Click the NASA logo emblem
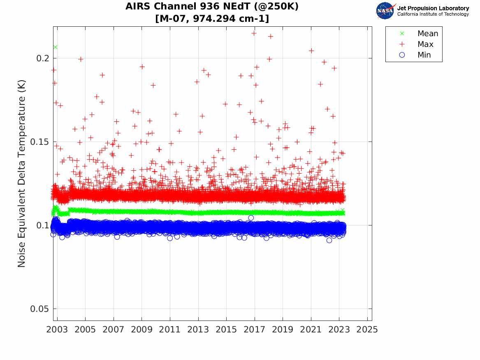[x=385, y=10]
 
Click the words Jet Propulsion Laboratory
[x=433, y=8]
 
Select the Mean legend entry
[x=427, y=34]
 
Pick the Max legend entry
[x=425, y=44]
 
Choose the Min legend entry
[x=424, y=55]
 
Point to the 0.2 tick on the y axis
[x=43, y=58]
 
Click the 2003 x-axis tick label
[x=57, y=330]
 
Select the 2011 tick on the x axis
[x=170, y=330]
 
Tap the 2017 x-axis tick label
[x=255, y=330]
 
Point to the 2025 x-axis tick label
[x=367, y=330]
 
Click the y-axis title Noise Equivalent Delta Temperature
[x=22, y=174]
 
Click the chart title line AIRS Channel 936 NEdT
[x=212, y=7]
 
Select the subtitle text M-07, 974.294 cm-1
[x=212, y=19]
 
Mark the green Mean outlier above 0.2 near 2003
[x=55, y=47]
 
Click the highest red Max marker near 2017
[x=254, y=33]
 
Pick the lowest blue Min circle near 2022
[x=329, y=240]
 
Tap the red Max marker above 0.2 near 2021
[x=311, y=51]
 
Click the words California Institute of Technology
[x=433, y=14]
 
